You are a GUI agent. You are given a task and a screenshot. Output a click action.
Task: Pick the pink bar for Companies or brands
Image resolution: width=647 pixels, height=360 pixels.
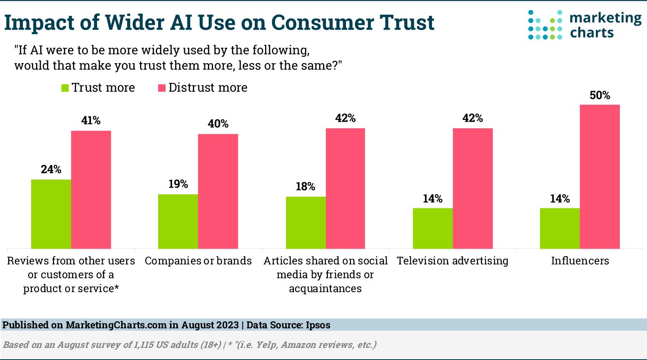tap(218, 191)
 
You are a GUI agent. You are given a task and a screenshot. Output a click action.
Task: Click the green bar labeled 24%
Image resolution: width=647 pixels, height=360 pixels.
tap(51, 214)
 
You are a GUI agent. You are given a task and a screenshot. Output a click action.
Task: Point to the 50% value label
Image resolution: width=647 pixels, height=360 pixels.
tap(600, 96)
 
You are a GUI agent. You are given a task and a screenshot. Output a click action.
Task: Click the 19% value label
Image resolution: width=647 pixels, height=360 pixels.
tap(178, 184)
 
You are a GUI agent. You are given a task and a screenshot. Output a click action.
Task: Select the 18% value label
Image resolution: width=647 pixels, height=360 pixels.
tap(305, 186)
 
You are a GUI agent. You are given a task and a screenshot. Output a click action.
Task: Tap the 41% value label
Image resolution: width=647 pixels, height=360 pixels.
tap(91, 120)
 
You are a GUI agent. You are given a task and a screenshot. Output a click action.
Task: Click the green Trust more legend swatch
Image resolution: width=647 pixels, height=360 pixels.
tap(65, 88)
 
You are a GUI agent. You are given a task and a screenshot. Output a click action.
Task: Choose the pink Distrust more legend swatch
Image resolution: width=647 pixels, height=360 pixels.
tap(162, 88)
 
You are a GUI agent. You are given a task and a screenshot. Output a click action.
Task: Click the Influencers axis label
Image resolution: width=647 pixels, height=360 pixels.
tap(580, 261)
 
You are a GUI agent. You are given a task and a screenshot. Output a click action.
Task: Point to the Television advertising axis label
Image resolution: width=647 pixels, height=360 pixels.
tap(453, 261)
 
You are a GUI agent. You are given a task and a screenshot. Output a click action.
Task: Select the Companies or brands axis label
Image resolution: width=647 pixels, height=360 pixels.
tap(198, 261)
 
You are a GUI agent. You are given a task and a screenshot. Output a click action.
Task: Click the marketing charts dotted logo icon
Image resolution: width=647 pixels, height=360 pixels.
tap(545, 25)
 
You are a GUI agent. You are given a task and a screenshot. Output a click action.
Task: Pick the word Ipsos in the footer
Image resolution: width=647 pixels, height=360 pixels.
tap(318, 325)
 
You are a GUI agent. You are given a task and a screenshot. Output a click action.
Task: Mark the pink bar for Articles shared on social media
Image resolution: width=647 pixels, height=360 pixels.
tap(345, 188)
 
